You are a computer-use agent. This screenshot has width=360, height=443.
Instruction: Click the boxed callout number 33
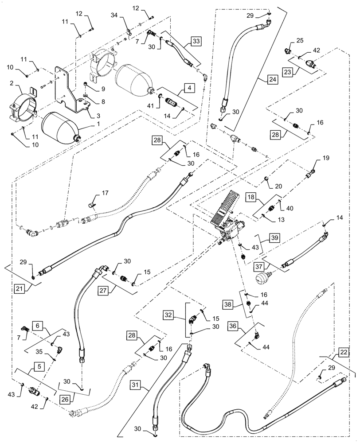click(196, 42)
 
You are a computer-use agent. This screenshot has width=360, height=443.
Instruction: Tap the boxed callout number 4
click(190, 88)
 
